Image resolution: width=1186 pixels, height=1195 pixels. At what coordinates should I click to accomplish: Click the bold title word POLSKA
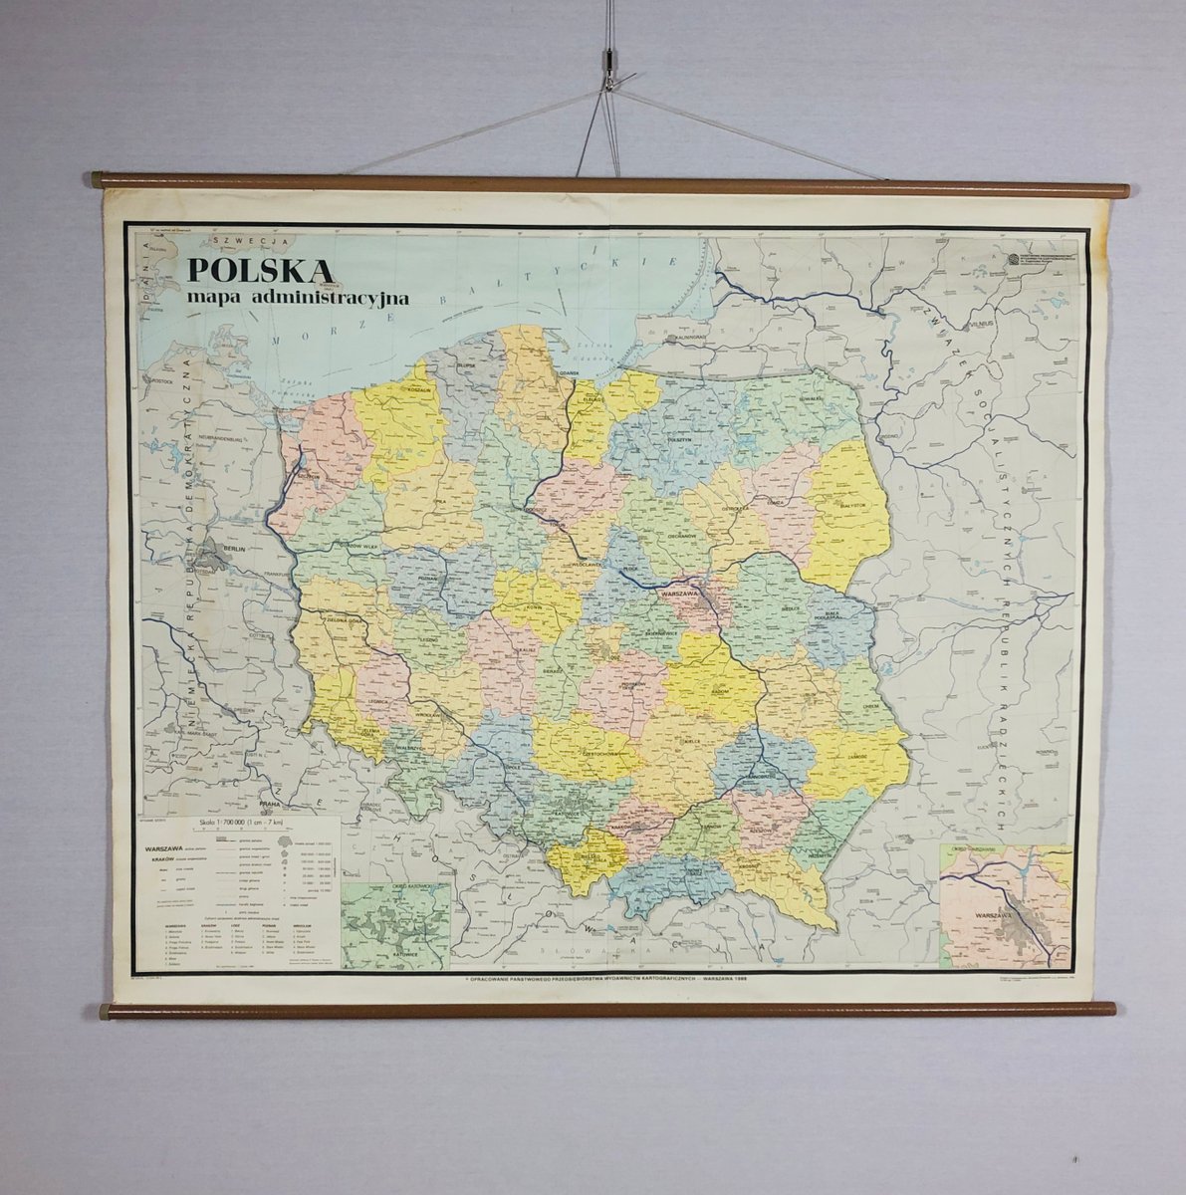(x=261, y=271)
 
